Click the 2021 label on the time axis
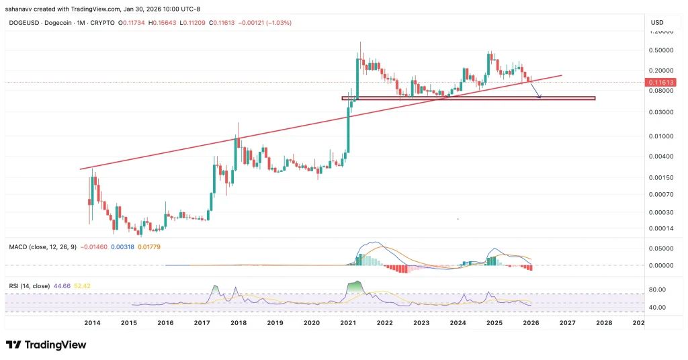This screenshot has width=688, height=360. [348, 323]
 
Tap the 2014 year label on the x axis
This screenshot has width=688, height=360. [92, 323]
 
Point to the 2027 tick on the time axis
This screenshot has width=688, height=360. [567, 323]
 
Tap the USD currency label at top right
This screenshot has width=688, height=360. [657, 23]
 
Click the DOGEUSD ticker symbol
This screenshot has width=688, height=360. [24, 24]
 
